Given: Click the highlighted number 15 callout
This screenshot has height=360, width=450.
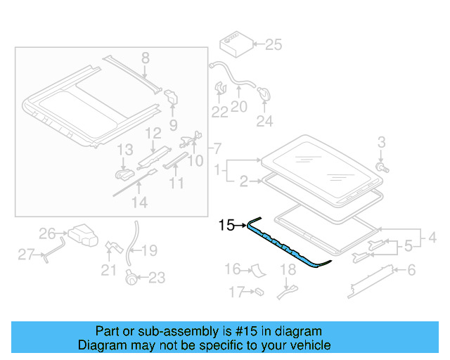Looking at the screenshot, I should point(226,226).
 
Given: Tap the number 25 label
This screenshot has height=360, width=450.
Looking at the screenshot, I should point(273,46).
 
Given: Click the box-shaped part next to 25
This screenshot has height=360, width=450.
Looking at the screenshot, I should point(233,44).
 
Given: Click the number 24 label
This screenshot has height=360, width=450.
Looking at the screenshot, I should point(264,122).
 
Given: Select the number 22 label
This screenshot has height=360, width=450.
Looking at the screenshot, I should point(220,112).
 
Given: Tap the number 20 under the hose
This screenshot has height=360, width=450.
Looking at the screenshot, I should point(239,107).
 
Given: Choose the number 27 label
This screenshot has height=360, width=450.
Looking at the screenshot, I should point(26,255).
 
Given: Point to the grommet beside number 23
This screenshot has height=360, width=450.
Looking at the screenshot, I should point(130,277).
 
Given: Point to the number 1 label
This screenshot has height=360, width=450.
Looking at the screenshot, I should point(220,169).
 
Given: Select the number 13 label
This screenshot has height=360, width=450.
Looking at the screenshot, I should point(124,150).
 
